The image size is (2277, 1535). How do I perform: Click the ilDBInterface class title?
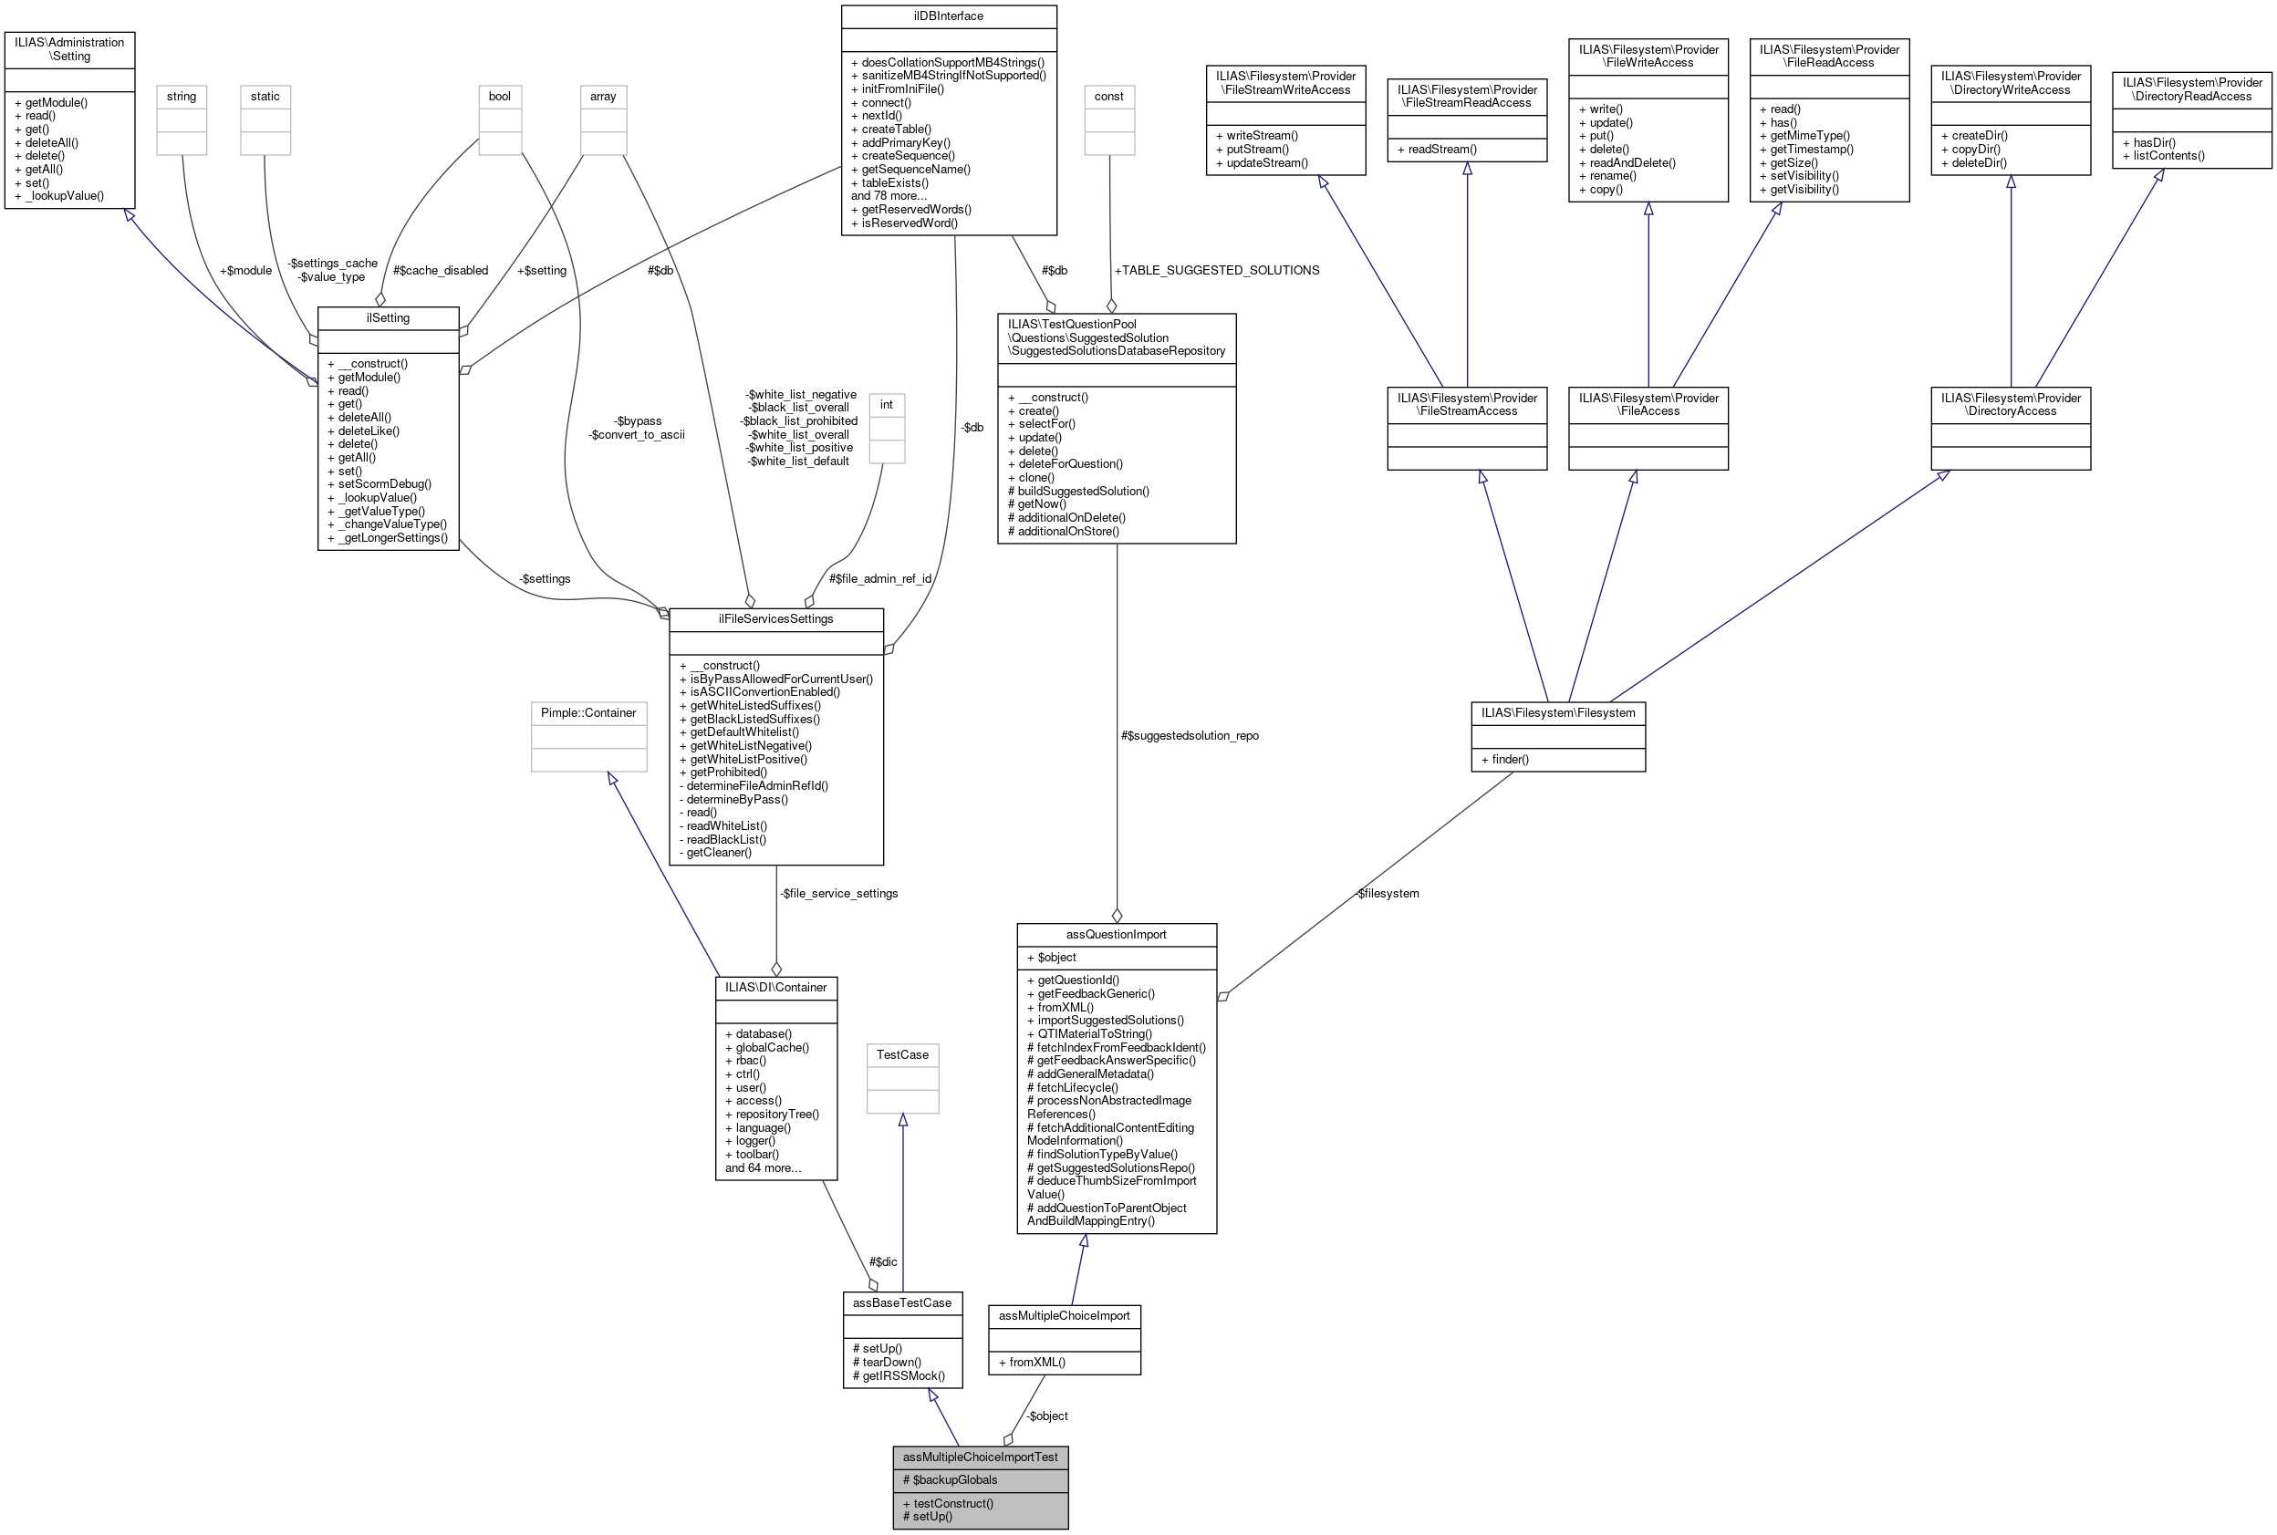[948, 16]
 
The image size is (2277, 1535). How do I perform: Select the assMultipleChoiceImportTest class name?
[980, 1457]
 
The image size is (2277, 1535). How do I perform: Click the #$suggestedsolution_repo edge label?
[1190, 735]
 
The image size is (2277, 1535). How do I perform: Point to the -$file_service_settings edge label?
[838, 893]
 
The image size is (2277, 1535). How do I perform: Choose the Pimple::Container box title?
[588, 712]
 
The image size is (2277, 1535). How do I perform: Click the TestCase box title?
[901, 1054]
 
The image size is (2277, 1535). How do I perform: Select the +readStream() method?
[1442, 149]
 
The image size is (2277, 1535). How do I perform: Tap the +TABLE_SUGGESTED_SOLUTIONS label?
[1216, 270]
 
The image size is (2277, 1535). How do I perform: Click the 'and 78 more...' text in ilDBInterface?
[889, 196]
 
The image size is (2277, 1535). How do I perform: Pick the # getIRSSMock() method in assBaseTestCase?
[899, 1375]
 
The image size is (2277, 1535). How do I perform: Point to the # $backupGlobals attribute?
[950, 1479]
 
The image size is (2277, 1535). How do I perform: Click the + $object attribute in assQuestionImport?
[1051, 957]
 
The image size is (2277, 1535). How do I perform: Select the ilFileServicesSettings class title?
[775, 618]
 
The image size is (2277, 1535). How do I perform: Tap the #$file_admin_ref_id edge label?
[879, 578]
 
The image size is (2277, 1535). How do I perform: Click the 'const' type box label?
[1108, 96]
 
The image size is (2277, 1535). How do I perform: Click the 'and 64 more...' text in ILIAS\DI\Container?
[763, 1167]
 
